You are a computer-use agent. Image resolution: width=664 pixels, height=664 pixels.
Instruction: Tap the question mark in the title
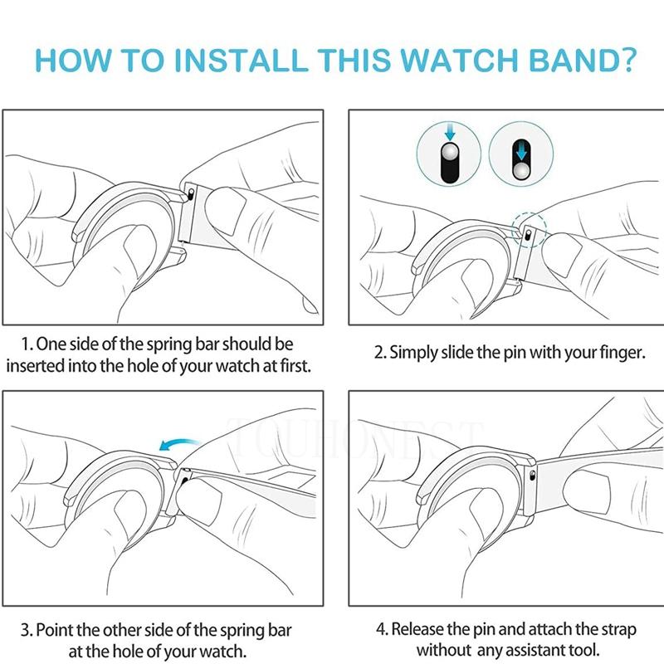(x=627, y=61)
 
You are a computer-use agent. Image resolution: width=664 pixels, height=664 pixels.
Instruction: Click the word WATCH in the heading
(x=457, y=61)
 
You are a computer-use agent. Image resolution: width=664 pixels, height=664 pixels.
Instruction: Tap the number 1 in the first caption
(x=27, y=344)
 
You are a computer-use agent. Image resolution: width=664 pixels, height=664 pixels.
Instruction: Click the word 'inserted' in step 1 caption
(x=39, y=365)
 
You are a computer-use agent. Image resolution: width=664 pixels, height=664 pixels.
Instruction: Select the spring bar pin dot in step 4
(x=532, y=473)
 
